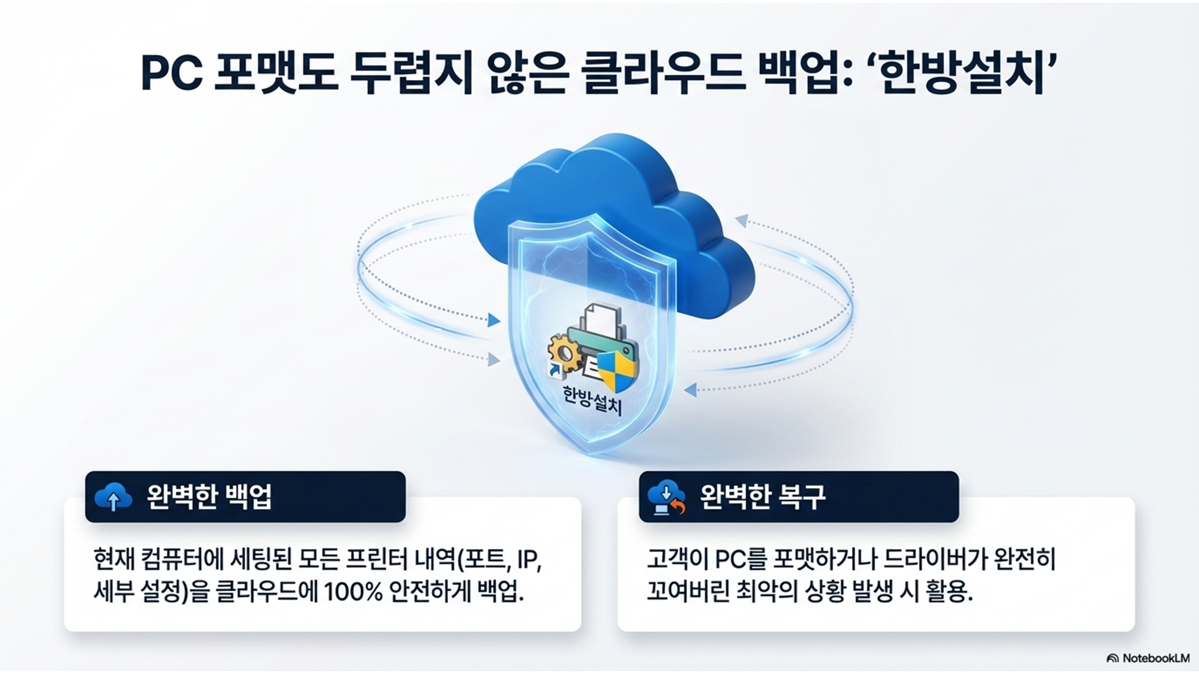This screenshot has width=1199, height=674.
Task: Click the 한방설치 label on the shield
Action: [593, 400]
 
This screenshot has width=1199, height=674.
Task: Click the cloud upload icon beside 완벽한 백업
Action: [113, 497]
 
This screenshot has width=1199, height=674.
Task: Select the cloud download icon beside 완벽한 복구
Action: [667, 498]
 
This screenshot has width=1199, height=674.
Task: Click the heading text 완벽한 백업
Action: [209, 497]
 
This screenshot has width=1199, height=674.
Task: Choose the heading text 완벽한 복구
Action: [763, 497]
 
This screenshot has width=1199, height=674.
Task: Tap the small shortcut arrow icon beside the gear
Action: [553, 370]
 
